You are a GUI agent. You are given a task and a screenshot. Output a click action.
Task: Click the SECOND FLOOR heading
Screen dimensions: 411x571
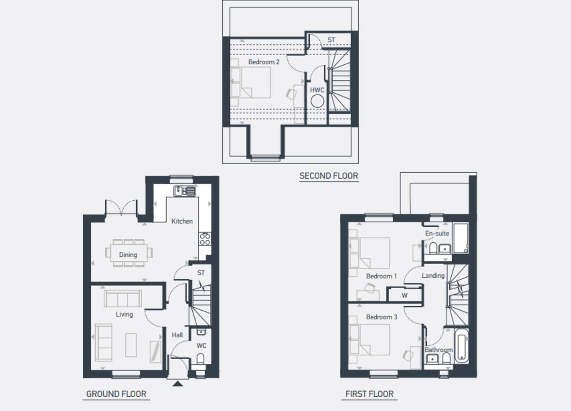coord(329,176)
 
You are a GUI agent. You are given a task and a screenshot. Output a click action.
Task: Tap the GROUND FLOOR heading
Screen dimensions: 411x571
coord(116,394)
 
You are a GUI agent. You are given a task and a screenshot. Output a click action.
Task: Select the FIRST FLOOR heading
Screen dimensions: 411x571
coord(370,394)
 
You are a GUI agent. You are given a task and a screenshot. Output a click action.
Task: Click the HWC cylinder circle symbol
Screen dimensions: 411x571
coord(317,101)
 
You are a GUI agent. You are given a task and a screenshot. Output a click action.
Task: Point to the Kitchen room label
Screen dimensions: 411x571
coord(182,221)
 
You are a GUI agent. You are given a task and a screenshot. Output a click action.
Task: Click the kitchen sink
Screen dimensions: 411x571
coord(184,191)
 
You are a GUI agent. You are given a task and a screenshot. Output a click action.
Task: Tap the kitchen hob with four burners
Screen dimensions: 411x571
coord(205,239)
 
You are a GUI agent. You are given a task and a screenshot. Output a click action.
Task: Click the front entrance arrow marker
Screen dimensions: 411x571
coord(178,384)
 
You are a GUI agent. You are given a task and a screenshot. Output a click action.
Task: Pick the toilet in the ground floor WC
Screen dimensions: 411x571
coord(200,358)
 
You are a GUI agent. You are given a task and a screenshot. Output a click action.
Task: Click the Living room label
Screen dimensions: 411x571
coord(124,314)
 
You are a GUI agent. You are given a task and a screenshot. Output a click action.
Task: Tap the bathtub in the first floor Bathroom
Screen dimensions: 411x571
coord(462,345)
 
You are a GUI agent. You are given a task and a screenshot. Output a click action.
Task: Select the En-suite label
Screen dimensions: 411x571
coord(437,234)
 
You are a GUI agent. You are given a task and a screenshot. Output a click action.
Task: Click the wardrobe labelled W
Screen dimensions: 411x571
coord(404,295)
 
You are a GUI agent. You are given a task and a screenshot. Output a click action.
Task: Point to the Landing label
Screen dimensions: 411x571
coord(433,275)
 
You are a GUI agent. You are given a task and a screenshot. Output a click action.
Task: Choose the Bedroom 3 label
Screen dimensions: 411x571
coord(381,317)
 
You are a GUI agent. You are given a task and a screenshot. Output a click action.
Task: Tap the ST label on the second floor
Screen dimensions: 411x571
coord(331,40)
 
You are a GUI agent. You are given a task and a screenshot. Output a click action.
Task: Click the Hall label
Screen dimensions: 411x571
coord(177,335)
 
